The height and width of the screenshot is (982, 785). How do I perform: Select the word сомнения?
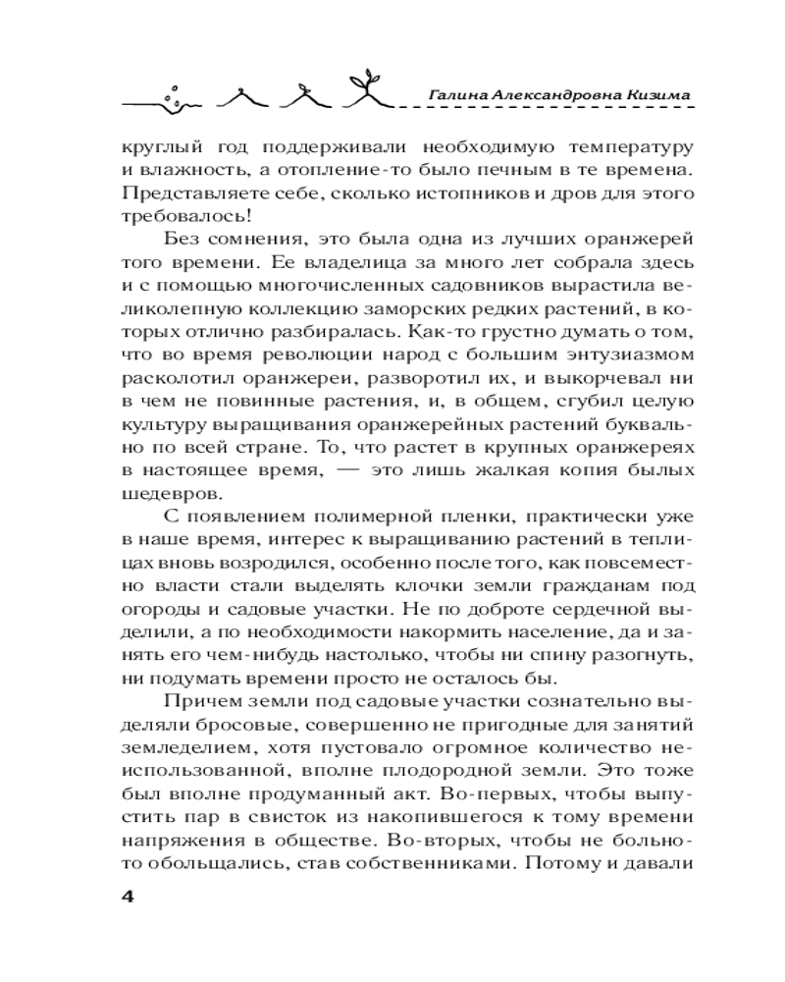click(261, 242)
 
